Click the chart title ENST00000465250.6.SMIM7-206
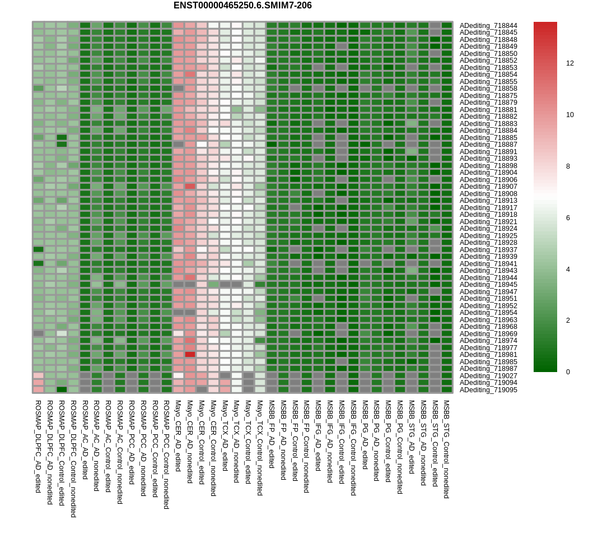pyautogui.click(x=242, y=6)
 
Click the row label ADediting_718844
pyautogui.click(x=488, y=26)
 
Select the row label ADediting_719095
pyautogui.click(x=488, y=390)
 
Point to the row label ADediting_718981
pyautogui.click(x=488, y=355)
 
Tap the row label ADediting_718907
pyautogui.click(x=488, y=187)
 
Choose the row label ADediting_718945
pyautogui.click(x=488, y=285)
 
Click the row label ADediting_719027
pyautogui.click(x=488, y=376)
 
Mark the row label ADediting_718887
pyautogui.click(x=488, y=145)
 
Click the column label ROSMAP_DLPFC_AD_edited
pyautogui.click(x=38, y=446)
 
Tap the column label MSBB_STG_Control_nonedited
pyautogui.click(x=447, y=449)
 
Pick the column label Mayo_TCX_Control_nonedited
pyautogui.click(x=260, y=448)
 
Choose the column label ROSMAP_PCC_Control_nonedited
pyautogui.click(x=166, y=454)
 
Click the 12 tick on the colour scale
pyautogui.click(x=569, y=63)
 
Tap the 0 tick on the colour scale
pyautogui.click(x=568, y=372)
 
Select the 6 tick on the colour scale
pyautogui.click(x=568, y=218)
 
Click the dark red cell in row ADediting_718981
pyautogui.click(x=190, y=355)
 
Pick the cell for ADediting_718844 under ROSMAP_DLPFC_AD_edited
pyautogui.click(x=38, y=26)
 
